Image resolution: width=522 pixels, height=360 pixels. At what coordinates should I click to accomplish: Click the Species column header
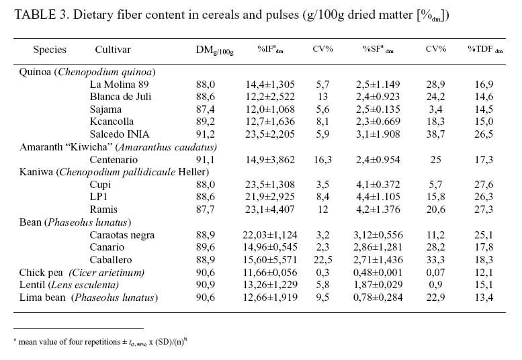click(50, 50)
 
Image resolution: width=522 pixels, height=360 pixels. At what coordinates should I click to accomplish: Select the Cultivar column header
click(113, 50)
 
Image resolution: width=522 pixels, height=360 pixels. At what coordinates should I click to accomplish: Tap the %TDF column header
click(485, 49)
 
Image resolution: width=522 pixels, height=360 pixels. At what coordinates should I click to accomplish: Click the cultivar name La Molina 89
click(119, 85)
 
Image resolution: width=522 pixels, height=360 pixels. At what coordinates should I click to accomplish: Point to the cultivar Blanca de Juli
click(120, 97)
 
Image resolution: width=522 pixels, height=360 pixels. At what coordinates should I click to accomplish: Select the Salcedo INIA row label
click(119, 134)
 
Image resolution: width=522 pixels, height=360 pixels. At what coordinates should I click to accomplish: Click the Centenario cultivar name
click(114, 160)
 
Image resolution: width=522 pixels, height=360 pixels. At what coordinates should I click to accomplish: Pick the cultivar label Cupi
click(100, 185)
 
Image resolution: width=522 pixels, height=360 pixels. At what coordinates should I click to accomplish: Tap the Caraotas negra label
click(122, 235)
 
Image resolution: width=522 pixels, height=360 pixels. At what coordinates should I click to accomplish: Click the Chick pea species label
click(40, 273)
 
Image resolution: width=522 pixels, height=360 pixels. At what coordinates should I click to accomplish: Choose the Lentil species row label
click(32, 285)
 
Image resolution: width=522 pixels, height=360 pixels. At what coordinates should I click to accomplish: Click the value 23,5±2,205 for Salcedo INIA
click(270, 134)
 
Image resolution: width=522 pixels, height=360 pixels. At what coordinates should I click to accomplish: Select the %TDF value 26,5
click(484, 134)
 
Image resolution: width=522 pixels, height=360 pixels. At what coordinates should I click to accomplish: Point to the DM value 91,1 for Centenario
click(206, 160)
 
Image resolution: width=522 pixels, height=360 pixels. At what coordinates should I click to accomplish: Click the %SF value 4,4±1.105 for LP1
click(378, 197)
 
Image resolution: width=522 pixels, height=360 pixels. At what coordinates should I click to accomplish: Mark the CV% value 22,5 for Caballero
click(322, 260)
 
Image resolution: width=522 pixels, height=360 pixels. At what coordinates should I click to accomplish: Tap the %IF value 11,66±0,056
click(270, 273)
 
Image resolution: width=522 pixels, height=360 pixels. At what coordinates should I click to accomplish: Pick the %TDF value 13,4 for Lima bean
click(484, 298)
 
